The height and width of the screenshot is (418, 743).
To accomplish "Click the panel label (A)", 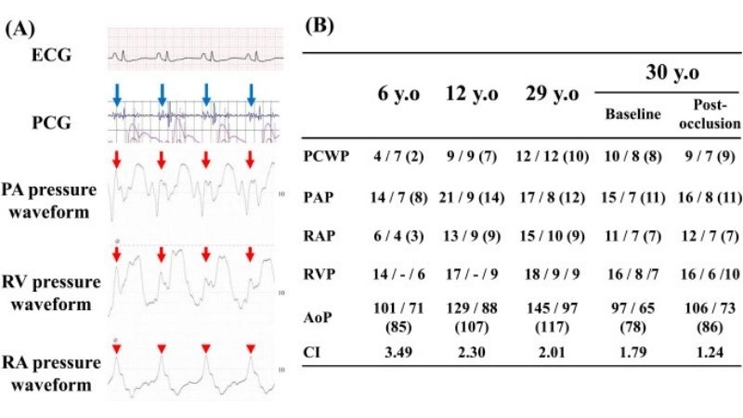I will pos(23,28).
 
